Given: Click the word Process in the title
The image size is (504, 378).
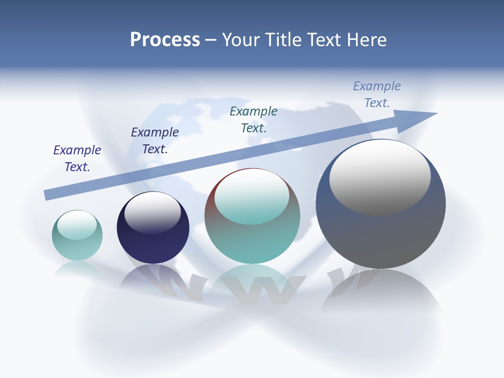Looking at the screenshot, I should (x=165, y=40).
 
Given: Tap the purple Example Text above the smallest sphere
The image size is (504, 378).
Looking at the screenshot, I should (x=77, y=159).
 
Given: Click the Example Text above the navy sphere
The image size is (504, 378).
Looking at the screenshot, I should (x=155, y=141).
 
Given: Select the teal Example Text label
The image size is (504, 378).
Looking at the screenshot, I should (x=254, y=119).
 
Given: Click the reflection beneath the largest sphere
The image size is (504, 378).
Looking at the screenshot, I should (x=381, y=299).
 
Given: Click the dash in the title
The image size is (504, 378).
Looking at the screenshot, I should (x=211, y=40).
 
